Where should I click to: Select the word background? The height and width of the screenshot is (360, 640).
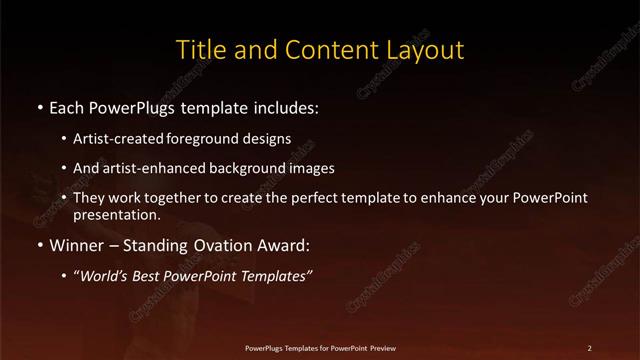[246, 168]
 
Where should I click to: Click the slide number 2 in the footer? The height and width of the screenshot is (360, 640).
[590, 348]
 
